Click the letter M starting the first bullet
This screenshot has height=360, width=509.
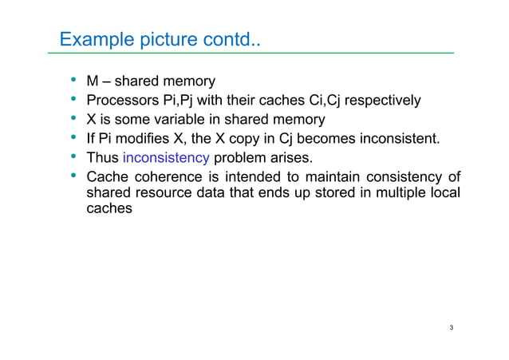[93, 81]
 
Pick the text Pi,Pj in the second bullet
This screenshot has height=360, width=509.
[179, 101]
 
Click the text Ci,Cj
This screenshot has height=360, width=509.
[310, 101]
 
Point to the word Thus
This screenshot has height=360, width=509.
[102, 156]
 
